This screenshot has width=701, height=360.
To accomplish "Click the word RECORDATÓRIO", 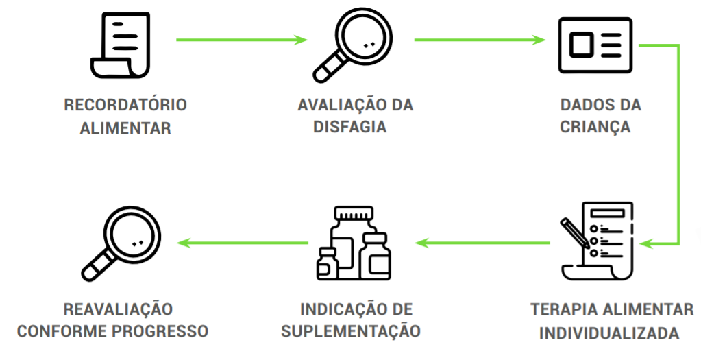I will pyautogui.click(x=125, y=106).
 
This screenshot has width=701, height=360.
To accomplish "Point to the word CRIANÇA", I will pyautogui.click(x=595, y=128).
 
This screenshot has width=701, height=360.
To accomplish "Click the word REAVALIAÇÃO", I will pyautogui.click(x=118, y=309).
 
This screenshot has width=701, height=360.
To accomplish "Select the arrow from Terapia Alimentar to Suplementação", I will pyautogui.click(x=482, y=242).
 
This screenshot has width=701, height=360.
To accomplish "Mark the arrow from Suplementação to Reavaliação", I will pyautogui.click(x=243, y=242).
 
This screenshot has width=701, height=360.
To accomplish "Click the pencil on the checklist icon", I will pyautogui.click(x=574, y=232).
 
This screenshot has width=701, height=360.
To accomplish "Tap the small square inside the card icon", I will pyautogui.click(x=581, y=45).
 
